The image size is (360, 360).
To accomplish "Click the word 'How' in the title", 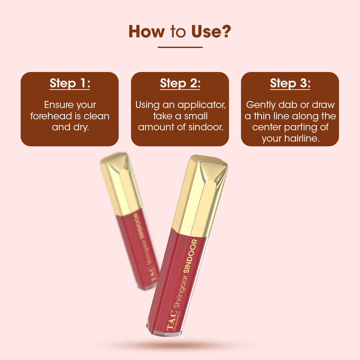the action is (146, 31).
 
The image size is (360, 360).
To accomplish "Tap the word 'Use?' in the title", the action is (211, 31).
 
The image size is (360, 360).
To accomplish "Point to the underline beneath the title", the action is (180, 47).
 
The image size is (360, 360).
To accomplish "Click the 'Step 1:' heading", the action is (70, 83).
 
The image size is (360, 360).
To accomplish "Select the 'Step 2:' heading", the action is (180, 83).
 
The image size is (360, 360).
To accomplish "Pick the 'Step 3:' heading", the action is (290, 83).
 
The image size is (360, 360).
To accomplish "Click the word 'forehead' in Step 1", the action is (51, 116).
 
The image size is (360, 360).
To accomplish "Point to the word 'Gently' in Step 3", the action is (261, 105).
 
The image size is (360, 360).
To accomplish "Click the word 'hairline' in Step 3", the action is (302, 138).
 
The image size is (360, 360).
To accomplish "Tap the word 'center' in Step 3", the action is (267, 127).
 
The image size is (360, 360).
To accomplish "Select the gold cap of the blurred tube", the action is (121, 184).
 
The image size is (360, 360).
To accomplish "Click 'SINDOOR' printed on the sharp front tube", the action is (190, 256).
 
